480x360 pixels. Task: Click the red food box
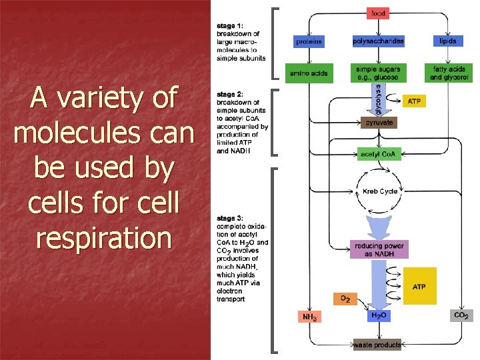point(378,13)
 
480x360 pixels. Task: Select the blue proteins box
point(309,41)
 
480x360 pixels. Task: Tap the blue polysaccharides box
point(378,41)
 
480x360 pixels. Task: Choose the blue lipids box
point(448,41)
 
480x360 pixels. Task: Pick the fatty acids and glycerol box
point(448,73)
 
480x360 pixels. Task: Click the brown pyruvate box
point(378,123)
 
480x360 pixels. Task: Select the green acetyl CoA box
point(378,155)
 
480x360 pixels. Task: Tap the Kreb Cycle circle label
point(380,191)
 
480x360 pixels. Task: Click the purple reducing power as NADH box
point(378,250)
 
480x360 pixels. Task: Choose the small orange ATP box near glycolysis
point(413,101)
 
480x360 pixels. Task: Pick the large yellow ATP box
point(419,286)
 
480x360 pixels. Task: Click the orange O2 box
point(345,299)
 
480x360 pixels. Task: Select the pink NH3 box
point(309,317)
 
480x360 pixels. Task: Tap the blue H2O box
point(378,315)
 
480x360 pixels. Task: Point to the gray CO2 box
point(461,315)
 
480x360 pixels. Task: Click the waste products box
point(378,345)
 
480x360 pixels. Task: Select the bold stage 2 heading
point(229,95)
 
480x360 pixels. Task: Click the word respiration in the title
point(103,237)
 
